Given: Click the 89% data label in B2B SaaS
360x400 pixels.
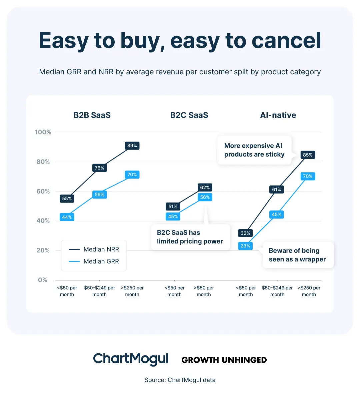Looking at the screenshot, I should coord(132,146).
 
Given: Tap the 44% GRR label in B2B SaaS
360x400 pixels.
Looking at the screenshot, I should coord(67,217).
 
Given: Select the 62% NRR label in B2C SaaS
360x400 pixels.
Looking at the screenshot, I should coord(205,188).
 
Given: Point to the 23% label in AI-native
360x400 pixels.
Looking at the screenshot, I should coord(245,246).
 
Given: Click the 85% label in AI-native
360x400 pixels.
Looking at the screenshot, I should coord(308,155).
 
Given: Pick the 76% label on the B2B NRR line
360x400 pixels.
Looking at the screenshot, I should coord(99,168).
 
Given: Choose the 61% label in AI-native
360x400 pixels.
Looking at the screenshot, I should coord(277,190).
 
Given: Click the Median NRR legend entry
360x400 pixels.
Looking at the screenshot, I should coord(94,249).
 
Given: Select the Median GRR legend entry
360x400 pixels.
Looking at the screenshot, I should coord(94,261).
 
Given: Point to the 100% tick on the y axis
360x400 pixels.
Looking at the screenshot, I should coord(43,132).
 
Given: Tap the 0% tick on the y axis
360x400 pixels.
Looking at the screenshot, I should coord(43,280).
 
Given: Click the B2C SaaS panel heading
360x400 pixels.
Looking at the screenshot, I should coord(189,115).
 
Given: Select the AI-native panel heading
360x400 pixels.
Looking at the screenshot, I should coord(278,115).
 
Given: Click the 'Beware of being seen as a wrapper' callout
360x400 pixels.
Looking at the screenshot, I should coord(297,255).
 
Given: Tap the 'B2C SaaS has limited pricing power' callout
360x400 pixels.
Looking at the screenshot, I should coord(190,237).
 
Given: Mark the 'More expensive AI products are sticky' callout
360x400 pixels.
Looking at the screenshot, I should coord(254,150).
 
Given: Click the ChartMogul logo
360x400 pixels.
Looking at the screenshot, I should coord(131,359).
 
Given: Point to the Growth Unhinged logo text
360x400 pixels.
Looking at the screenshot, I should coord(224,360).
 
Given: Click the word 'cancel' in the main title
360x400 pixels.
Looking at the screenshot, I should coord(286,41).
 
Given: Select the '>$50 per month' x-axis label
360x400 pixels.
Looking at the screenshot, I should coord(204,291).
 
